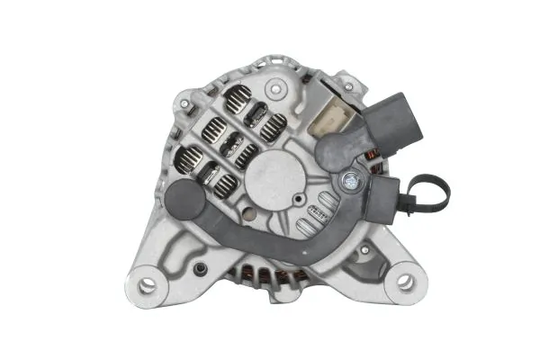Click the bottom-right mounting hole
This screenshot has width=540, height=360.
point(405,281)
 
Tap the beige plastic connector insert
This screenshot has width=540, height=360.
point(333,118)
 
